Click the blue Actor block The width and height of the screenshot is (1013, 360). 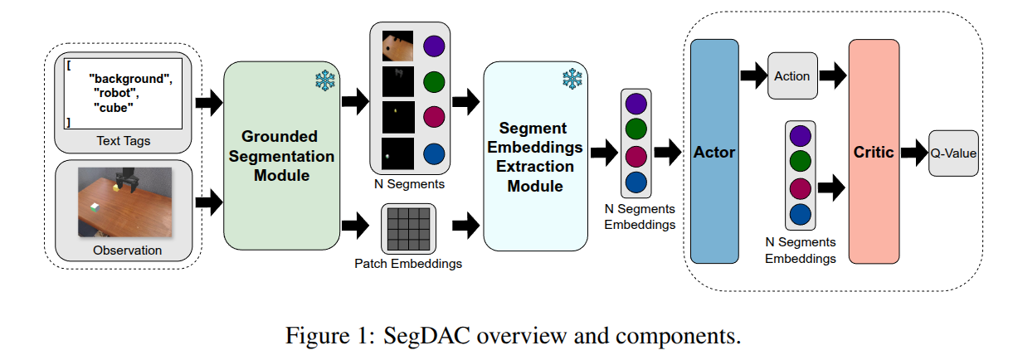coord(713,152)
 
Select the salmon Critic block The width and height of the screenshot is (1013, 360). coord(874,152)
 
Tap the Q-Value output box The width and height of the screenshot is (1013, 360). coord(953,153)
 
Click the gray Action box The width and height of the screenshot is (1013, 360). coord(792,76)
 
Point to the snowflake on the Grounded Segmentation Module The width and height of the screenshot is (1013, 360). coord(324,80)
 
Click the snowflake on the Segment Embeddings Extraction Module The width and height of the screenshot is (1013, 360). coord(572,80)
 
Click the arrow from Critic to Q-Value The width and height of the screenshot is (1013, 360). coord(913,153)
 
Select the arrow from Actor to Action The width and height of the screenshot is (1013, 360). coord(752,76)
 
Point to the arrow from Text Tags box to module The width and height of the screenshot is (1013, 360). coord(208,104)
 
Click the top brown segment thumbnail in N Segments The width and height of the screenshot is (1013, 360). coord(397,46)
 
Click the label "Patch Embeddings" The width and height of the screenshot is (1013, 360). coord(408,264)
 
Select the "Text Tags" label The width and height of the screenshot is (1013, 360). coord(124,141)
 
